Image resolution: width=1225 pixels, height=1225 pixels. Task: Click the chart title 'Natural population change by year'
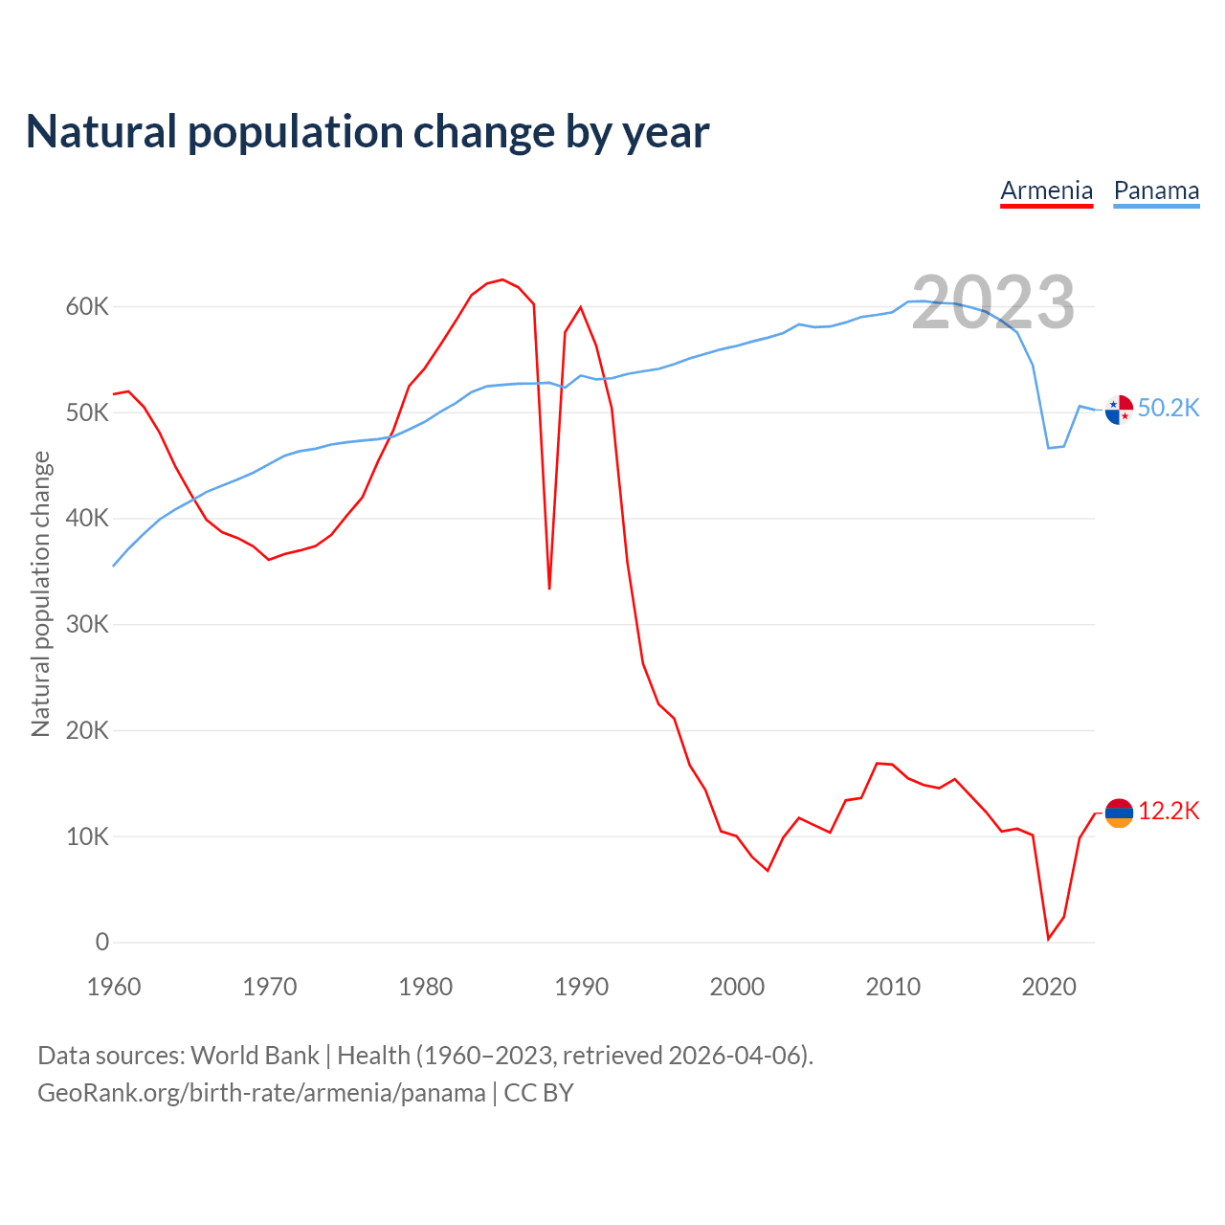[x=367, y=132]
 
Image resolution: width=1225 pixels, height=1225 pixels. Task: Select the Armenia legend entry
[x=1046, y=190]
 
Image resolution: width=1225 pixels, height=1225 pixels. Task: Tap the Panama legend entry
[x=1156, y=190]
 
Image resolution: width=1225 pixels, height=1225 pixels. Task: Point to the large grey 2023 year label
[x=992, y=302]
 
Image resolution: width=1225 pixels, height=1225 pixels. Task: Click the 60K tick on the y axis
[x=87, y=307]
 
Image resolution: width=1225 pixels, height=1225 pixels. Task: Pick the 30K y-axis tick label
[x=87, y=625]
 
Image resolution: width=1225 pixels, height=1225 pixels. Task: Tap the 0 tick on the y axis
[x=101, y=943]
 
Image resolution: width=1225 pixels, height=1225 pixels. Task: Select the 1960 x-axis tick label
[x=114, y=987]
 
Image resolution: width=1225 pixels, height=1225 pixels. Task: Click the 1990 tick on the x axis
[x=581, y=987]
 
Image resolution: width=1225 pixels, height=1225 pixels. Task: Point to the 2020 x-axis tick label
[x=1049, y=987]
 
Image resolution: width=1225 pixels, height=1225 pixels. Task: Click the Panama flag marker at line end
[x=1119, y=410]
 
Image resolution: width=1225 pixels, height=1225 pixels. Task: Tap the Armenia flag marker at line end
[x=1119, y=813]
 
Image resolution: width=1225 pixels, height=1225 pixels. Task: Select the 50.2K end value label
[x=1169, y=409]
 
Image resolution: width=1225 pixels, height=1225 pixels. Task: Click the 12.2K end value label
[x=1169, y=812]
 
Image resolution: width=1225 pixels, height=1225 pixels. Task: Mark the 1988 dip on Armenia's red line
[x=549, y=588]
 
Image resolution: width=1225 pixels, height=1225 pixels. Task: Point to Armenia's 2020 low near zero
[x=1048, y=939]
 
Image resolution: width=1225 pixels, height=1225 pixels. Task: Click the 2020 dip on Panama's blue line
[x=1049, y=448]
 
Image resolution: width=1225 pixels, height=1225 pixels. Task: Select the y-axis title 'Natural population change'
[x=41, y=593]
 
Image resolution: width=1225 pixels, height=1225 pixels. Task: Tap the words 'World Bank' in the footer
[x=255, y=1056]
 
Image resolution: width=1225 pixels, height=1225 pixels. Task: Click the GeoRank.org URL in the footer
[x=261, y=1093]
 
